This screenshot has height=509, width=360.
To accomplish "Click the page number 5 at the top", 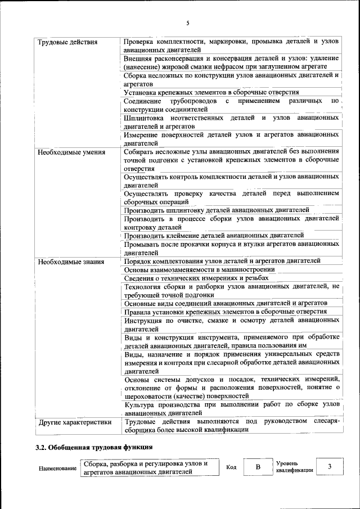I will [188, 22].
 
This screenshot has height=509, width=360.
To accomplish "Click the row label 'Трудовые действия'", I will [67, 42].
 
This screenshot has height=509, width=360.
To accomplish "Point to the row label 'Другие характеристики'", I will [75, 422].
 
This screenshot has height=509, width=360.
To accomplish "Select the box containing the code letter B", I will [258, 467].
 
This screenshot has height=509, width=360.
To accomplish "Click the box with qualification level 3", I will [330, 467].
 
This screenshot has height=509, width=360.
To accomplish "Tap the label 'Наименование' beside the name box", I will [57, 469].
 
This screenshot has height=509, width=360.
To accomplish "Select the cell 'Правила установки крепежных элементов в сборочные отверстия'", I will [226, 312].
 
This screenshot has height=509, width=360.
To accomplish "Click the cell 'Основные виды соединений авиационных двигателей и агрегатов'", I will [226, 303].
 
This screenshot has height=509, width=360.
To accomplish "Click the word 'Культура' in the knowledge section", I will [139, 404].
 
